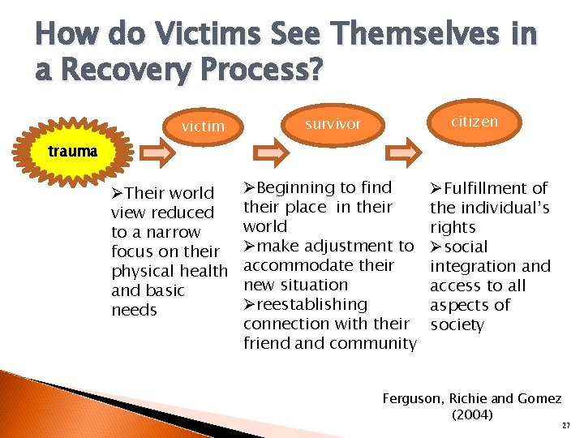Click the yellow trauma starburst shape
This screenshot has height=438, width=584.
[71, 152]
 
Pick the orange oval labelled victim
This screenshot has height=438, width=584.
[203, 126]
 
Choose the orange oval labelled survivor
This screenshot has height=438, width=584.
[333, 123]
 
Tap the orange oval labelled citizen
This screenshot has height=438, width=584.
[475, 121]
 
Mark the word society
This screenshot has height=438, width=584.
[457, 324]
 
